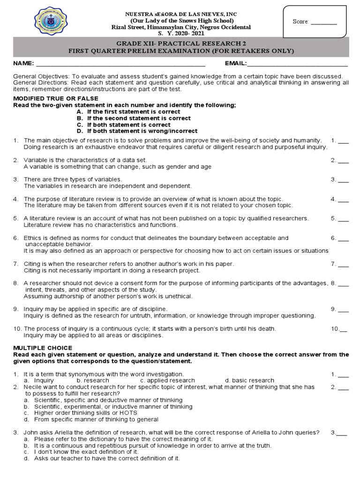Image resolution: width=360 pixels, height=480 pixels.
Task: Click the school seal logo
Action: pyautogui.click(x=54, y=21)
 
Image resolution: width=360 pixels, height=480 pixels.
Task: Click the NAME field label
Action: pyautogui.click(x=23, y=63)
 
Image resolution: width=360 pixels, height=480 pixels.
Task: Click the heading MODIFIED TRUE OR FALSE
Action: pyautogui.click(x=55, y=98)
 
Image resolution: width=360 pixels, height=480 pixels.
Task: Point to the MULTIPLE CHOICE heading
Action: pyautogui.click(x=43, y=348)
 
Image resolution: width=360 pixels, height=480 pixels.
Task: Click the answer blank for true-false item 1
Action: pyautogui.click(x=343, y=141)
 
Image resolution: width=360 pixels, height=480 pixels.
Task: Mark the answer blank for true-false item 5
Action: pyautogui.click(x=343, y=219)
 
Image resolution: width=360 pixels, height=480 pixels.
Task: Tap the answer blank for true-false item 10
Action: pyautogui.click(x=344, y=330)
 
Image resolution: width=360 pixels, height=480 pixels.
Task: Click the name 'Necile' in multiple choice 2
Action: pyautogui.click(x=33, y=387)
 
